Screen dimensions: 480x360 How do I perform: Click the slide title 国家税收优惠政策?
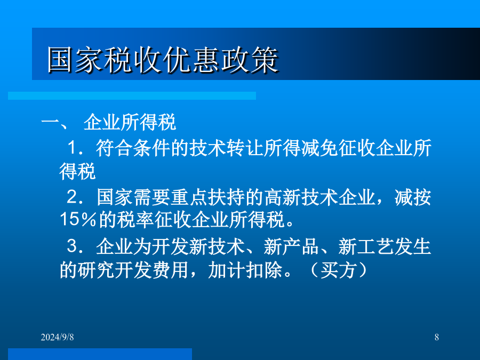point(163,60)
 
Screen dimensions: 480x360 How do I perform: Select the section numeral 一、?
point(54,122)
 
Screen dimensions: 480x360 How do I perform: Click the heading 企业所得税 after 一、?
point(130,122)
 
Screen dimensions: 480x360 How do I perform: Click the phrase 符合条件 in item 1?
point(133,148)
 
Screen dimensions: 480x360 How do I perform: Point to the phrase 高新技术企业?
point(320,197)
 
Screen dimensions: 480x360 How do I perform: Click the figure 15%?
point(78,219)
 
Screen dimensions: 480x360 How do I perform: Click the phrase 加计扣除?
point(245,270)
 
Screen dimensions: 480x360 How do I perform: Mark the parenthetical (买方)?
point(338,270)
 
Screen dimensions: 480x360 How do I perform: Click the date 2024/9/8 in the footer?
point(57,337)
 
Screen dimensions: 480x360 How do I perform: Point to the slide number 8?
point(436,337)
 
